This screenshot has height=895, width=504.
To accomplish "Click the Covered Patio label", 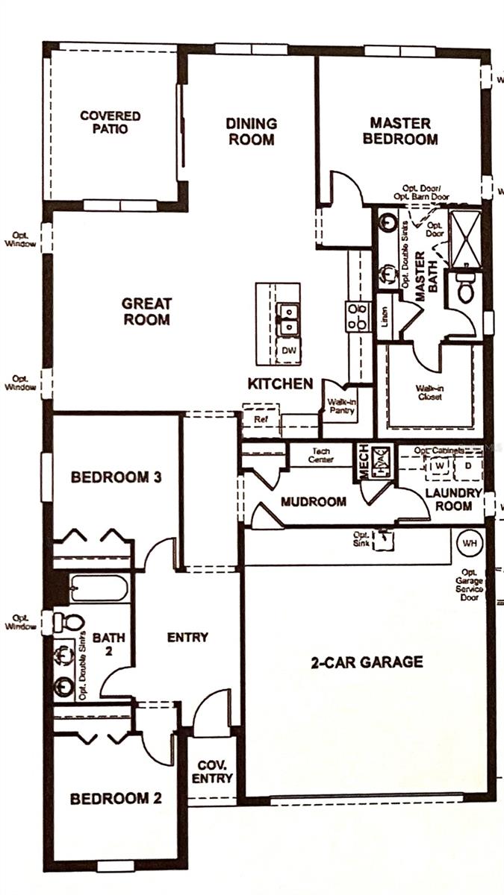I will (x=110, y=122).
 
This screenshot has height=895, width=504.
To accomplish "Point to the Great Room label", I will (x=146, y=312).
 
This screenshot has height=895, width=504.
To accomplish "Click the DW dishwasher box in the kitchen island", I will (x=287, y=350).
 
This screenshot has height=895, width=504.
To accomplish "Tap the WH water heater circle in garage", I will (x=469, y=543).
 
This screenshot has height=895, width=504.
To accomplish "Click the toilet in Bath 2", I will (x=69, y=622).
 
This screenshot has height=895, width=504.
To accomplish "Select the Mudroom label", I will (x=313, y=502).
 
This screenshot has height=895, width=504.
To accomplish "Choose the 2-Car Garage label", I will (x=367, y=662).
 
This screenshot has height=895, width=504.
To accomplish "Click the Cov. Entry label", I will (x=214, y=772).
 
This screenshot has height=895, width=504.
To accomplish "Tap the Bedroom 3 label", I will (x=116, y=477).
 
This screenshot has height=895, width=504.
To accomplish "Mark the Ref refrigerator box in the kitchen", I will (x=261, y=420).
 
